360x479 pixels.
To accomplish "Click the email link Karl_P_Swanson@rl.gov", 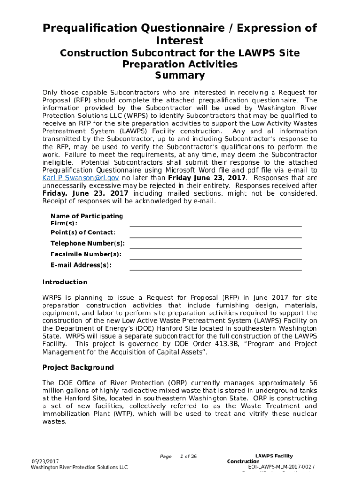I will coord(80,178).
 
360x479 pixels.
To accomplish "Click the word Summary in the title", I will coord(180,75).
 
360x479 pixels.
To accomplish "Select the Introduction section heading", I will coord(65,282).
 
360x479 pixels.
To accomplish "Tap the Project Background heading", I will coord(78,367).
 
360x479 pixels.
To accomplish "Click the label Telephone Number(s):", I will coord(87,243).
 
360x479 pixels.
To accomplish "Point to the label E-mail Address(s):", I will coord(81,265).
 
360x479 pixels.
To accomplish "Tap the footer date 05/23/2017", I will coord(45,461).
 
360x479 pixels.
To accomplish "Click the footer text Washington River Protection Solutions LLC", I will coord(79,467).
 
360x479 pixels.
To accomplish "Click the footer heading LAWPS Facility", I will coord(274,456).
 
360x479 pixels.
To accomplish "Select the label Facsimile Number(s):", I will coord(86,254).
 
